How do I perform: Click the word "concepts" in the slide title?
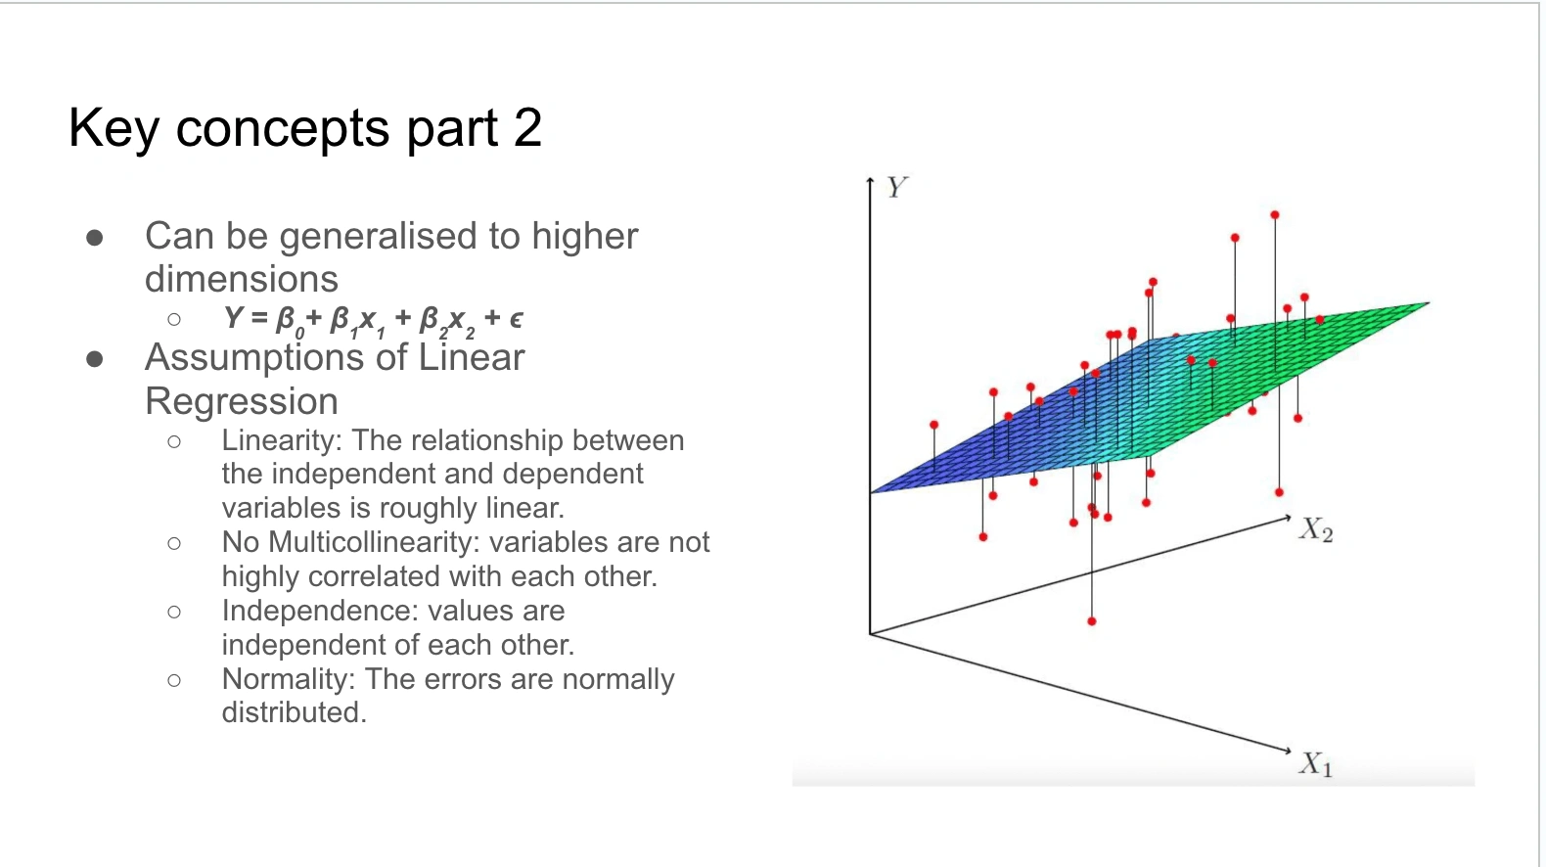tap(283, 129)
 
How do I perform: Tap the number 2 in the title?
tap(527, 127)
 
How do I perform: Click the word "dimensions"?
tap(242, 280)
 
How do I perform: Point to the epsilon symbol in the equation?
tap(516, 318)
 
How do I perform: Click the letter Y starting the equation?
tap(234, 317)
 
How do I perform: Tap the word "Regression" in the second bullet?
tap(242, 402)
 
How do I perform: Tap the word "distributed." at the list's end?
tap(294, 713)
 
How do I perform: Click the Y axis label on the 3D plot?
tap(897, 188)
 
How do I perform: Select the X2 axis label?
tap(1316, 529)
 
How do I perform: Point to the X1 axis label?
tap(1316, 764)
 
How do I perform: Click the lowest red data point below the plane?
tap(1091, 621)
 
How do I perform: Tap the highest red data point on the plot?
tap(1274, 215)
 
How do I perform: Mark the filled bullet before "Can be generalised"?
tap(95, 238)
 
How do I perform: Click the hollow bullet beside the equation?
tap(174, 319)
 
